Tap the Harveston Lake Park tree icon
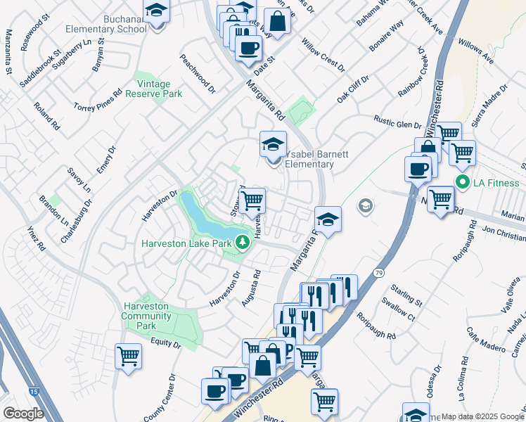243,243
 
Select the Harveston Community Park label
147,316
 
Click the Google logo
23,414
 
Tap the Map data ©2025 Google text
482,416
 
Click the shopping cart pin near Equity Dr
129,356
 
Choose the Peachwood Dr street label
198,74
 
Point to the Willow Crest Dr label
323,56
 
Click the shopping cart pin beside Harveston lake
252,200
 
